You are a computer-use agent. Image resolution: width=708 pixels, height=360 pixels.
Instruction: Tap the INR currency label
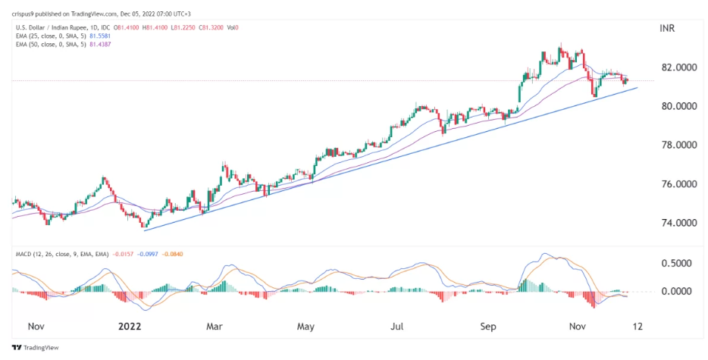tap(668, 28)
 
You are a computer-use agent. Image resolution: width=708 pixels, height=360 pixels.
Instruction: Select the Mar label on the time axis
tap(214, 327)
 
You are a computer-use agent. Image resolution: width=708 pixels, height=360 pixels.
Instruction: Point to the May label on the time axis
tap(305, 327)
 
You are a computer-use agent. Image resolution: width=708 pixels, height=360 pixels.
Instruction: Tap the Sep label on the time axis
tap(489, 327)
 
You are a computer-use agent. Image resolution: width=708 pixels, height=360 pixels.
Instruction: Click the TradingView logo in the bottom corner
tap(30, 349)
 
